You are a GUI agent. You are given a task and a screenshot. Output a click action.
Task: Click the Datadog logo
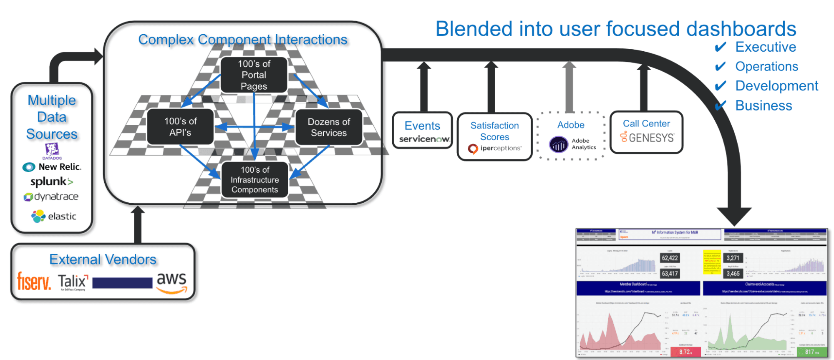click(52, 151)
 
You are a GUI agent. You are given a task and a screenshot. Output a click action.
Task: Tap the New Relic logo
click(52, 167)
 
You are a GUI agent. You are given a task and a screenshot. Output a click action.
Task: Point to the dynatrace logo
click(51, 196)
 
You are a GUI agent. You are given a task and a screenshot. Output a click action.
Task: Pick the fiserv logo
click(34, 281)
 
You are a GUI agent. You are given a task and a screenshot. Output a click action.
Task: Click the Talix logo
click(73, 282)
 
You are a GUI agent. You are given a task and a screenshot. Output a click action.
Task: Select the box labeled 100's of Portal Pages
click(254, 75)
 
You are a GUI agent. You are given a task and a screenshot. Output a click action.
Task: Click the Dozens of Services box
click(328, 127)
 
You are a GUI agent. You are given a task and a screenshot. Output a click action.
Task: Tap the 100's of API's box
click(180, 127)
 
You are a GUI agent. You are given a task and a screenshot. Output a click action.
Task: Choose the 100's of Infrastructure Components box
click(254, 180)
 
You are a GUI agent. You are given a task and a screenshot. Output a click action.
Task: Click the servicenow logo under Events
click(424, 139)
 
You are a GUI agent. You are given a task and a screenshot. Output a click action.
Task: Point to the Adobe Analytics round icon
click(559, 145)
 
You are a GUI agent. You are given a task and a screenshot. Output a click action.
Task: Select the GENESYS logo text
click(651, 138)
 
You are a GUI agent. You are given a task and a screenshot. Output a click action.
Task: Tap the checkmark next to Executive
click(721, 47)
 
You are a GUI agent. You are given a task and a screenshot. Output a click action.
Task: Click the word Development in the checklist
click(776, 86)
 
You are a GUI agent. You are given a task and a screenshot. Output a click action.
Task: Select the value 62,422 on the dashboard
click(670, 258)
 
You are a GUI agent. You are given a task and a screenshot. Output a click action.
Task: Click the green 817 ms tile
click(811, 352)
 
